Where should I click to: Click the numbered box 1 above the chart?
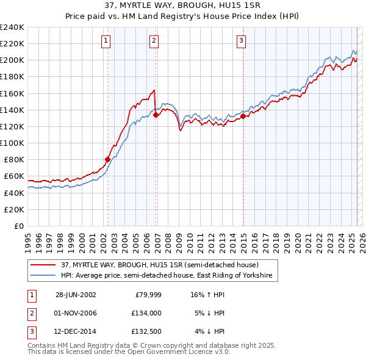pos(106,41)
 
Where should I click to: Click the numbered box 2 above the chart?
pos(154,41)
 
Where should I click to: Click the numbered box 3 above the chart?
pos(241,41)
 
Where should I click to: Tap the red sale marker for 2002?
pos(108,159)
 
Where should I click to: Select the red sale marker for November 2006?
pos(156,114)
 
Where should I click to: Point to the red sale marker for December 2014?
pos(243,116)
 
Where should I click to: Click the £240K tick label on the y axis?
pos(12,27)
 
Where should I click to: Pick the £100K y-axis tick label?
pos(12,143)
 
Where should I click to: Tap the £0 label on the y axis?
pos(19,226)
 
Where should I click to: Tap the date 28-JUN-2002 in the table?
pos(76,295)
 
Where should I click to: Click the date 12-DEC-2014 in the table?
pos(76,333)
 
